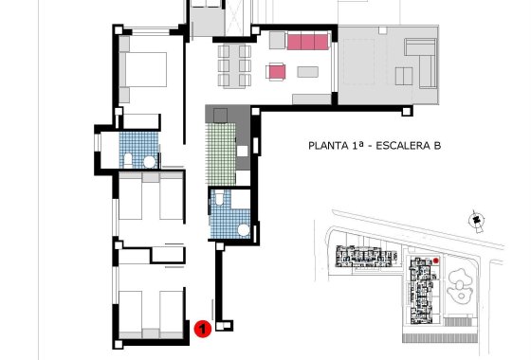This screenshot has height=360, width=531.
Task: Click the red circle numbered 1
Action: (x=201, y=329)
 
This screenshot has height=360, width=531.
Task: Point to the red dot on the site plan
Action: (x=435, y=261)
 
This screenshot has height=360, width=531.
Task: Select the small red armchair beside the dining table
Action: (x=277, y=72)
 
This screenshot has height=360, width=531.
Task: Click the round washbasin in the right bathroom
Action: (x=243, y=230)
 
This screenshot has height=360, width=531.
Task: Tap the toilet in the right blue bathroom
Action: (x=219, y=198)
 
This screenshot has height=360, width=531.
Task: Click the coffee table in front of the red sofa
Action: (x=308, y=71)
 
